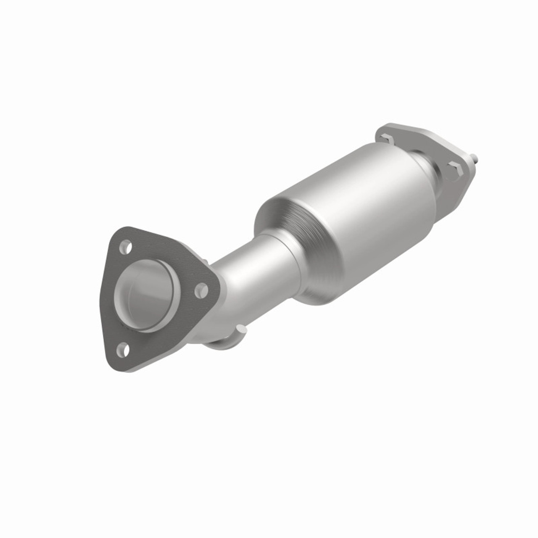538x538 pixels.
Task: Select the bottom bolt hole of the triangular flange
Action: coord(122,348)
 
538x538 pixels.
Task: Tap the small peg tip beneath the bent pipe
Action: coord(240,327)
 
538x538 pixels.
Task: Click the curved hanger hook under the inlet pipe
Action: coord(223,343)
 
